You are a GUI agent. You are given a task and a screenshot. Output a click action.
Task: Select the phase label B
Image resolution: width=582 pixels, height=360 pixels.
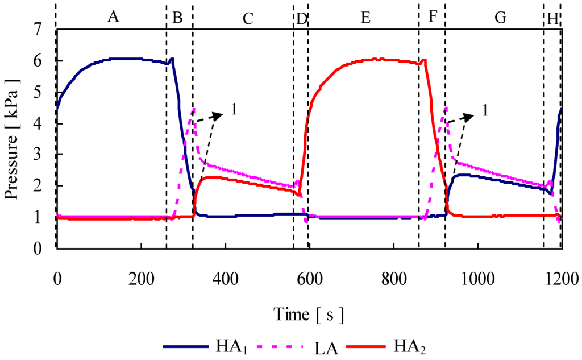[177, 17]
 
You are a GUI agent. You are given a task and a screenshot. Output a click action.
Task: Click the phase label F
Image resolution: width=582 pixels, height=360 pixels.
[433, 17]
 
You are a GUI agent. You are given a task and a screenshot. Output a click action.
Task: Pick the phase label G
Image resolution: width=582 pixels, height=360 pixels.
[500, 18]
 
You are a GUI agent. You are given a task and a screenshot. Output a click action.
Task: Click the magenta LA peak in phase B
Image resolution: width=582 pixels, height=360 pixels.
[194, 109]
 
